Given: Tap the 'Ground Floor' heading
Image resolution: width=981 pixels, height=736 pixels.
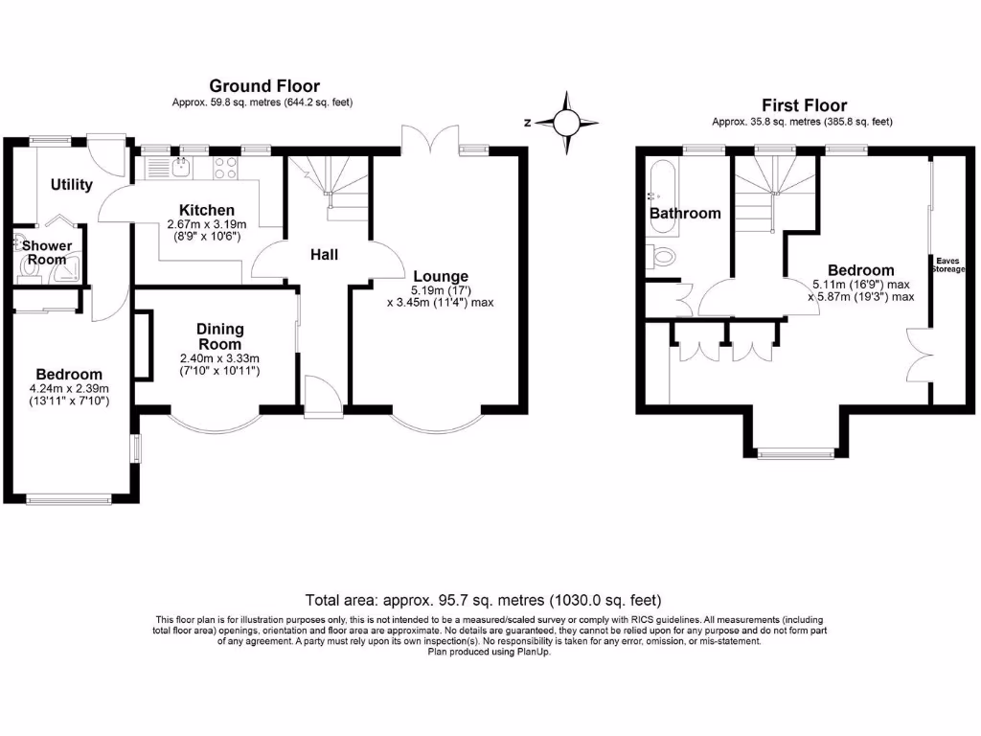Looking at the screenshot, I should (264, 87).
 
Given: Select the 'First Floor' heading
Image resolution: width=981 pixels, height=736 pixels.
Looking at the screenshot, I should (804, 105).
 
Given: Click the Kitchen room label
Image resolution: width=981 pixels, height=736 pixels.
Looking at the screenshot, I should (207, 210).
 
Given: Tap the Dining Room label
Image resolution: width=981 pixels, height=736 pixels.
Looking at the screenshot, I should (220, 336).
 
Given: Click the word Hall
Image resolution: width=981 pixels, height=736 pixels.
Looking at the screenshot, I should (324, 254).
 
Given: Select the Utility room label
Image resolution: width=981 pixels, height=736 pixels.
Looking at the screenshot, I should (72, 184).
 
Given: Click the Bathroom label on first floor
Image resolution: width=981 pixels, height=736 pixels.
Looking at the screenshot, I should (685, 213).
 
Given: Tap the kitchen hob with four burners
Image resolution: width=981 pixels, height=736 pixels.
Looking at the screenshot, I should (224, 169).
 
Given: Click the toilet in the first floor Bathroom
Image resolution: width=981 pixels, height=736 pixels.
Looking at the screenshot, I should (661, 256).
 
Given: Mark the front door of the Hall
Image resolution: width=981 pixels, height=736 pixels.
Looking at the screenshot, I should (320, 396).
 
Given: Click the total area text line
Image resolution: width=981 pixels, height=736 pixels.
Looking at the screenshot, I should (483, 601).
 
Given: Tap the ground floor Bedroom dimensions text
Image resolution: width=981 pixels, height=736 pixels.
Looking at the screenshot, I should (69, 395).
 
